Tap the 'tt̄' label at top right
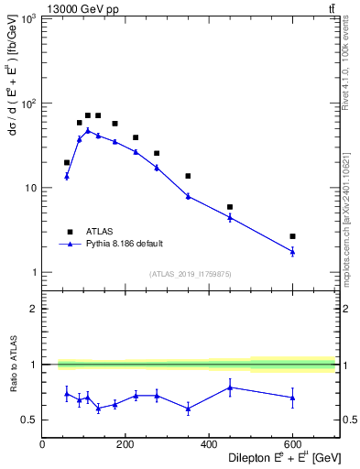pyautogui.click(x=330, y=8)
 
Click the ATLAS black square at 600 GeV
pyautogui.click(x=292, y=236)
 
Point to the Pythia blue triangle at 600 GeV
pyautogui.click(x=292, y=251)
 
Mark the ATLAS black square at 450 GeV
pyautogui.click(x=230, y=207)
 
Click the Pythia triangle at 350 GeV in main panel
pyautogui.click(x=188, y=196)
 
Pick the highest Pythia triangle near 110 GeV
pyautogui.click(x=88, y=130)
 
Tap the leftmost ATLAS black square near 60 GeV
pyautogui.click(x=67, y=162)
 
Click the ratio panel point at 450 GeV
pyautogui.click(x=230, y=387)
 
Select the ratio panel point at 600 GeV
pyautogui.click(x=292, y=397)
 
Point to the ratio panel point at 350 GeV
pyautogui.click(x=188, y=409)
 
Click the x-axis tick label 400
pyautogui.click(x=208, y=444)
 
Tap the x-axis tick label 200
pyautogui.click(x=125, y=444)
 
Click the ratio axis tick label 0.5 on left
pyautogui.click(x=28, y=420)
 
